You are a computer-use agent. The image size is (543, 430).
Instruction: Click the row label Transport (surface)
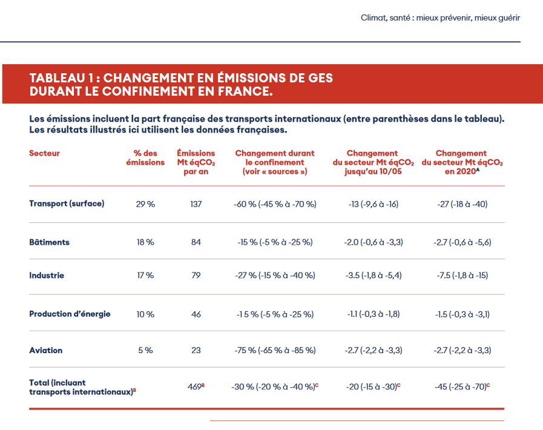tap(67, 203)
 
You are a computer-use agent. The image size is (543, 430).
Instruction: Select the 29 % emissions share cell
tap(145, 204)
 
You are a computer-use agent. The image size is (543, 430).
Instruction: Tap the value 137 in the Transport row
tap(196, 204)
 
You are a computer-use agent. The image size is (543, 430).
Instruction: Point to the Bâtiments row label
tap(49, 242)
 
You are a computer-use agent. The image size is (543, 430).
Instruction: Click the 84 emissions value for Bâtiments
tap(196, 242)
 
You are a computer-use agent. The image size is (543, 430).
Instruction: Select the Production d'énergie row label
tap(70, 314)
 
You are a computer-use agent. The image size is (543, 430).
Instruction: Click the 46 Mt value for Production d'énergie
tap(196, 314)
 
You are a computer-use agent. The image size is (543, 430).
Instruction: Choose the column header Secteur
tap(44, 154)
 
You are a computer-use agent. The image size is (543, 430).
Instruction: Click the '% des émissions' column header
tap(145, 158)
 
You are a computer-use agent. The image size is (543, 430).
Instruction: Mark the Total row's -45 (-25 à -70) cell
tap(461, 386)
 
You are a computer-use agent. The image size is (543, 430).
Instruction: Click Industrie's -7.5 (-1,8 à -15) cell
tap(462, 276)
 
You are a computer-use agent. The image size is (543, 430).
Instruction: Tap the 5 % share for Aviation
tap(145, 350)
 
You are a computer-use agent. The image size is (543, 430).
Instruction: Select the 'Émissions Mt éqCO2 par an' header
tap(196, 162)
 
